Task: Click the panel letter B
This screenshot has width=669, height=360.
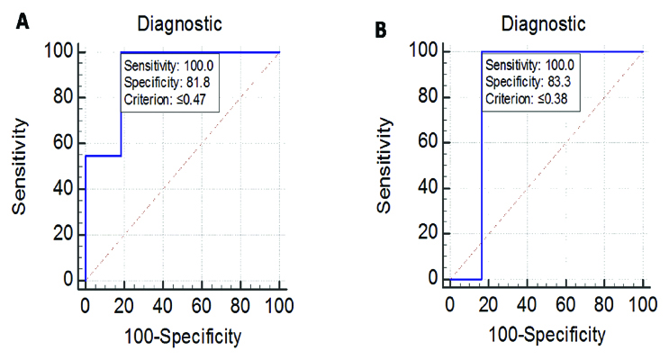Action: pos(380,30)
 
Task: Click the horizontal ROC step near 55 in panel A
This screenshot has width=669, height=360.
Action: pos(104,156)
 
